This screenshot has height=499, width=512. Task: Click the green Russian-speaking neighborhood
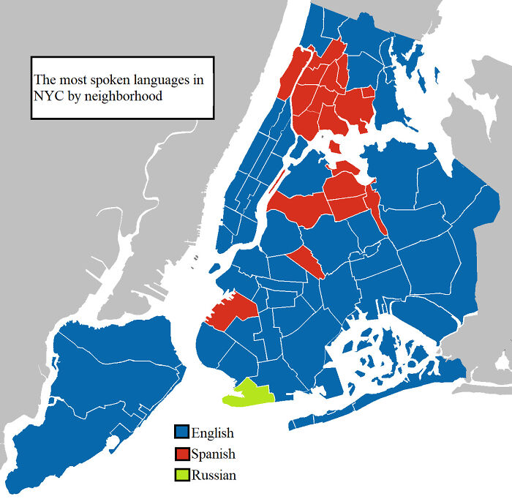point(249,394)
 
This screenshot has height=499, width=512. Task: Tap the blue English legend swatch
point(181,433)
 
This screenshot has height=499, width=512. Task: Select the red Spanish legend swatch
point(181,454)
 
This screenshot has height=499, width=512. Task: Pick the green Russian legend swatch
point(181,475)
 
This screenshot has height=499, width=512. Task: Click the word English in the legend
point(213,433)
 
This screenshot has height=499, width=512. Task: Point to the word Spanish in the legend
point(214,454)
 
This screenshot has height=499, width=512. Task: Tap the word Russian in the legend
point(214,476)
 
